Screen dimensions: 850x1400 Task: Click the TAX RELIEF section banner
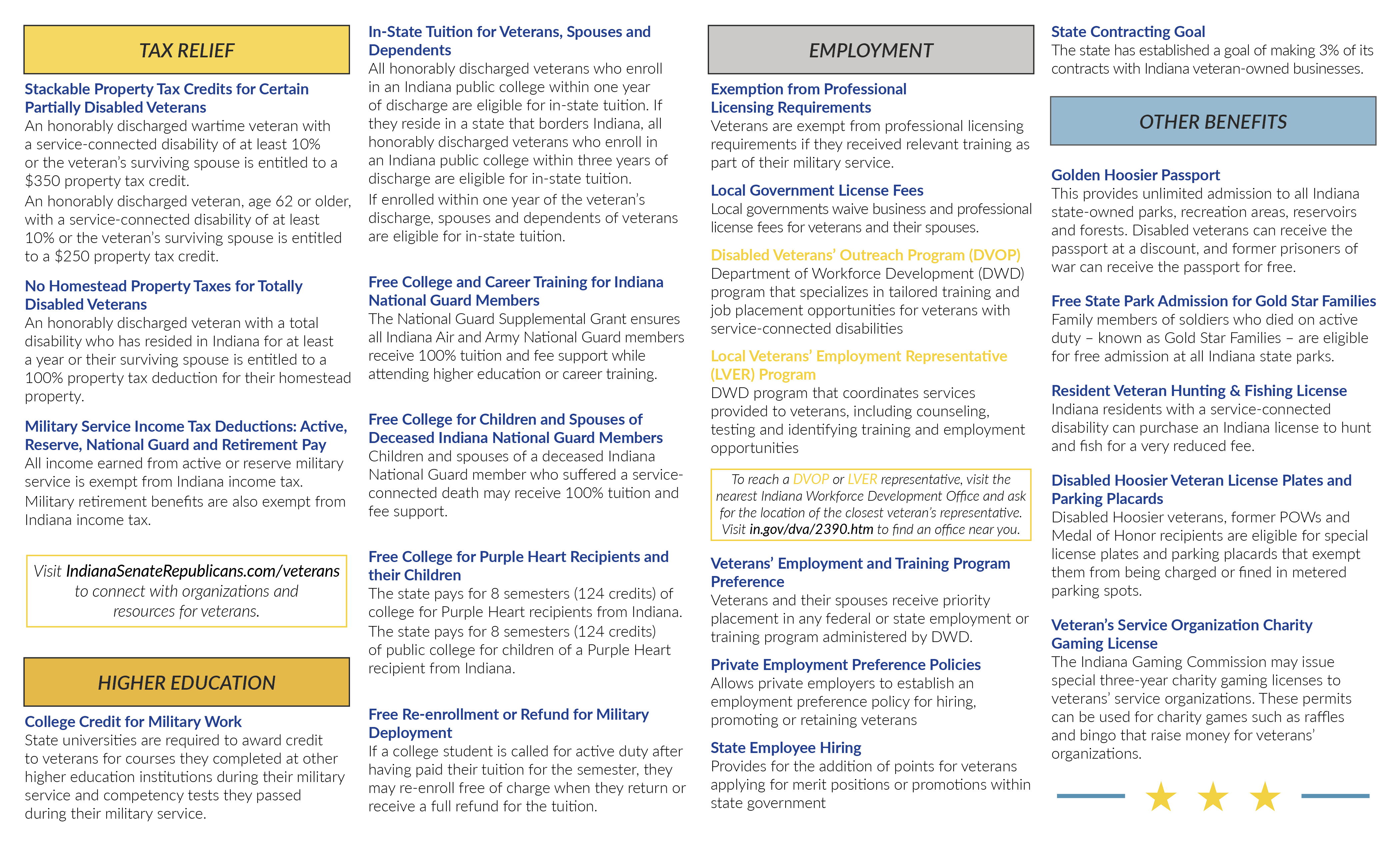click(186, 50)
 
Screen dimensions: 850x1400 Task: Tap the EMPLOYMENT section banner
click(870, 50)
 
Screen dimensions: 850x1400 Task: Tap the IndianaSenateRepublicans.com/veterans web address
click(203, 571)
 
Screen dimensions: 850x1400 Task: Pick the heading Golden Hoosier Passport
click(1135, 175)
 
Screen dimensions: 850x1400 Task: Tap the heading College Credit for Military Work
click(133, 722)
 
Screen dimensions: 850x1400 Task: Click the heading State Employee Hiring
click(786, 748)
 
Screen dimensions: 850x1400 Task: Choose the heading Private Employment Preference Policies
click(845, 665)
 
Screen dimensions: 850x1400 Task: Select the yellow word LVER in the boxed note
click(862, 480)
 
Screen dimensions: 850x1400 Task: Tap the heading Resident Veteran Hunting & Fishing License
click(1199, 391)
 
